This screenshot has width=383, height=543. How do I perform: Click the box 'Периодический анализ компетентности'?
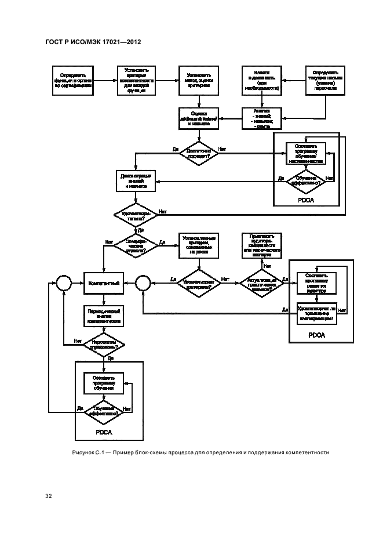pyautogui.click(x=104, y=317)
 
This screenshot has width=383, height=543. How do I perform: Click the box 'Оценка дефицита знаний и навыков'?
pyautogui.click(x=199, y=118)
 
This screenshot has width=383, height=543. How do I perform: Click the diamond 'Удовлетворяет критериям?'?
pyautogui.click(x=199, y=283)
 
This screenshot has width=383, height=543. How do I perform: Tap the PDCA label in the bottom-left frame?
pyautogui.click(x=104, y=432)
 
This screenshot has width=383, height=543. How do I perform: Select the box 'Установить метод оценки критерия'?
pyautogui.click(x=199, y=81)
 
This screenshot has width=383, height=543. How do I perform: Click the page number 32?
pyautogui.click(x=49, y=497)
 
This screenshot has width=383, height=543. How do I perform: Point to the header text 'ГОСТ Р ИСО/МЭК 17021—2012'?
pyautogui.click(x=93, y=42)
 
